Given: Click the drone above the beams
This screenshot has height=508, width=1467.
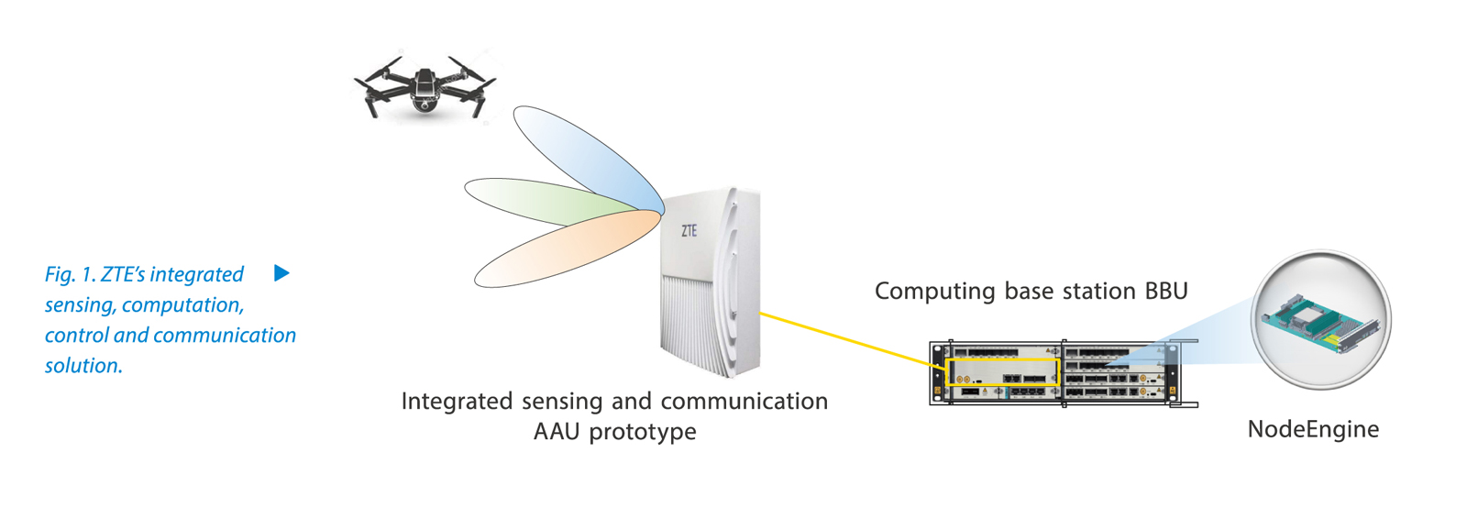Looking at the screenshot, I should (424, 87).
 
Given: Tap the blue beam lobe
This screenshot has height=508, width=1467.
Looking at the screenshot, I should (587, 156).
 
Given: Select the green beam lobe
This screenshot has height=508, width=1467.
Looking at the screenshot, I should (541, 202).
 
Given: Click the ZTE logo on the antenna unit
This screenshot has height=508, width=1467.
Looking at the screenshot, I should (689, 231).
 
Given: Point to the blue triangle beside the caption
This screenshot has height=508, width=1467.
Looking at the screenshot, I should (281, 273).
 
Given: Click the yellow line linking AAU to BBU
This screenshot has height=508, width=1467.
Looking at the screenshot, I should (844, 339).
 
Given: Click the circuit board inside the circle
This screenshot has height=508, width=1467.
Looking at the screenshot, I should (1320, 321).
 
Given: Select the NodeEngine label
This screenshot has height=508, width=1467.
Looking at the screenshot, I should (1313, 429).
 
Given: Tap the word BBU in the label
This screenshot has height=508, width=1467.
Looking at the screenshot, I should (1166, 292).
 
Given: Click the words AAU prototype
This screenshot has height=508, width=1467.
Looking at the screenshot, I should (614, 432).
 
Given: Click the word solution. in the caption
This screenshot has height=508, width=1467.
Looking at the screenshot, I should (83, 365).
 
